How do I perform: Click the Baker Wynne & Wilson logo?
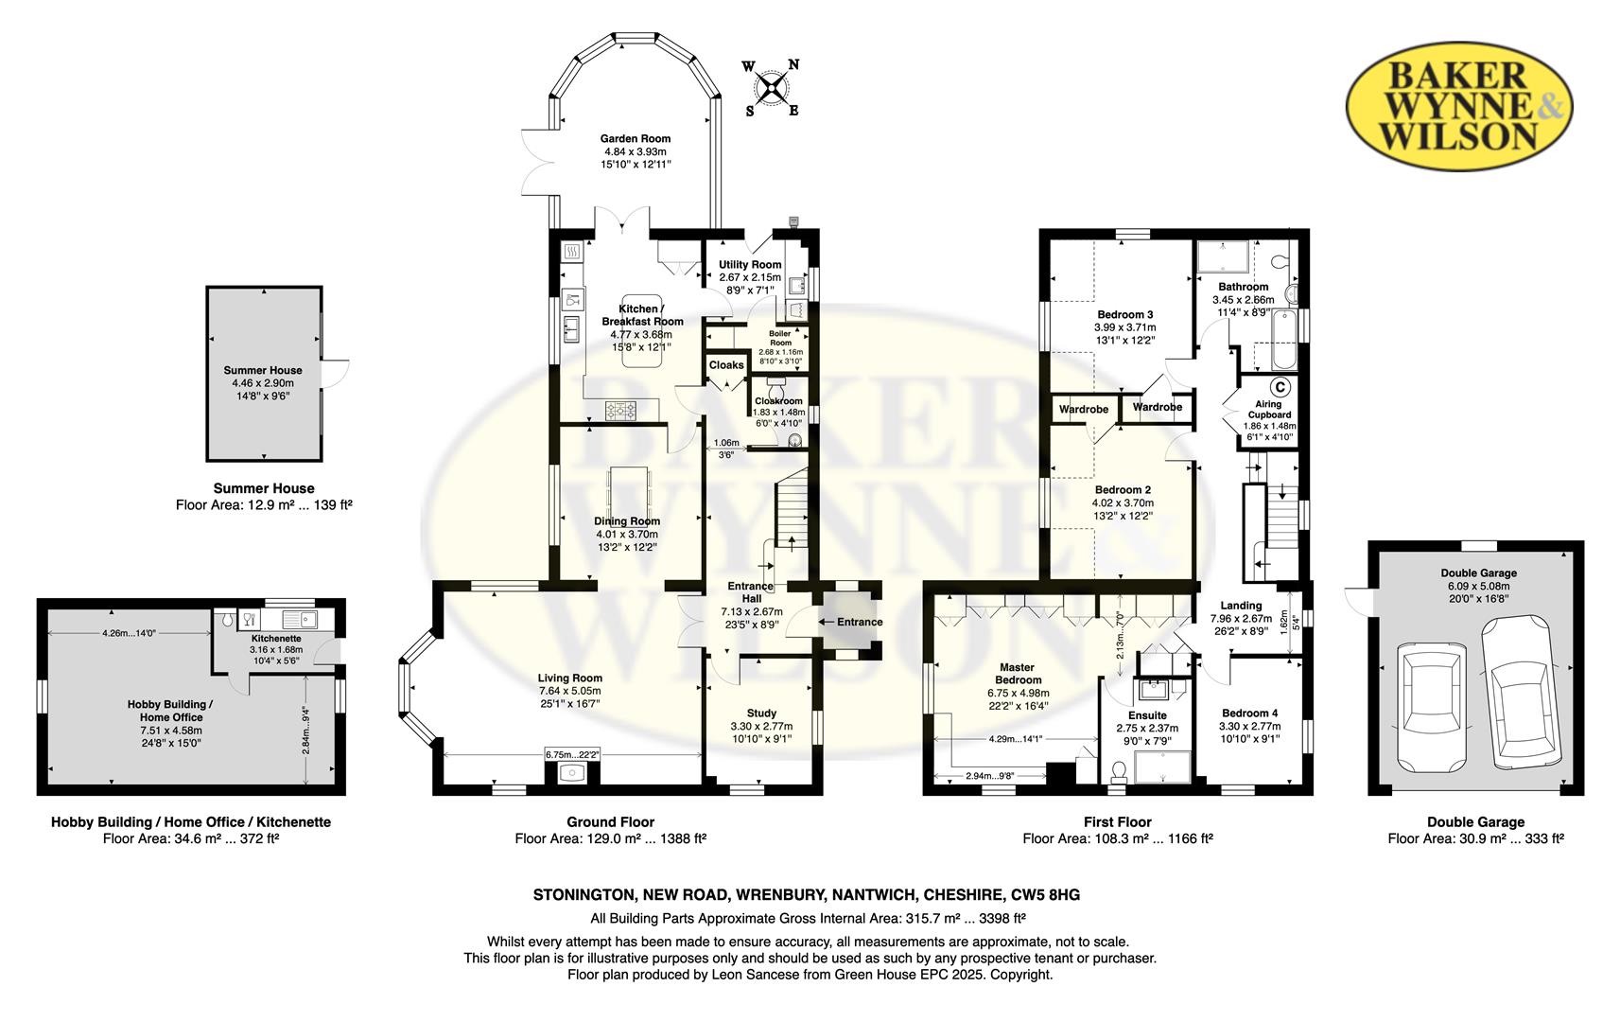tap(1458, 106)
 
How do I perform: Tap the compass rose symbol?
tap(773, 88)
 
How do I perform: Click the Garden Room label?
tap(635, 138)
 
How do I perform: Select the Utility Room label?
tap(750, 264)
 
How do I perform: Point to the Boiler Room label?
tap(780, 338)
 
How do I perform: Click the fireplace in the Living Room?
tap(571, 773)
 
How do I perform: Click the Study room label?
tap(761, 713)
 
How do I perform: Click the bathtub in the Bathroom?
tap(1284, 339)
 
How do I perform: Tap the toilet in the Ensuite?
tap(1118, 771)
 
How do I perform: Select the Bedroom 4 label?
tap(1249, 713)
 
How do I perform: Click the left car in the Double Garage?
tap(1433, 707)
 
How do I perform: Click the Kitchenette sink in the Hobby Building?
tap(300, 619)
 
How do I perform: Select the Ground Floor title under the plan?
tap(610, 821)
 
